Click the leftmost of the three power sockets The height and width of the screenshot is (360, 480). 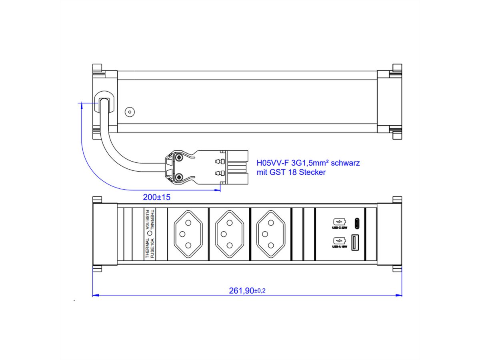[187, 234]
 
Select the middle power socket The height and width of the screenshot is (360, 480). [229, 234]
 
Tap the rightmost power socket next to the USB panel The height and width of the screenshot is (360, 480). [270, 234]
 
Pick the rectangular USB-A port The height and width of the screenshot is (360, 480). [355, 243]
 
